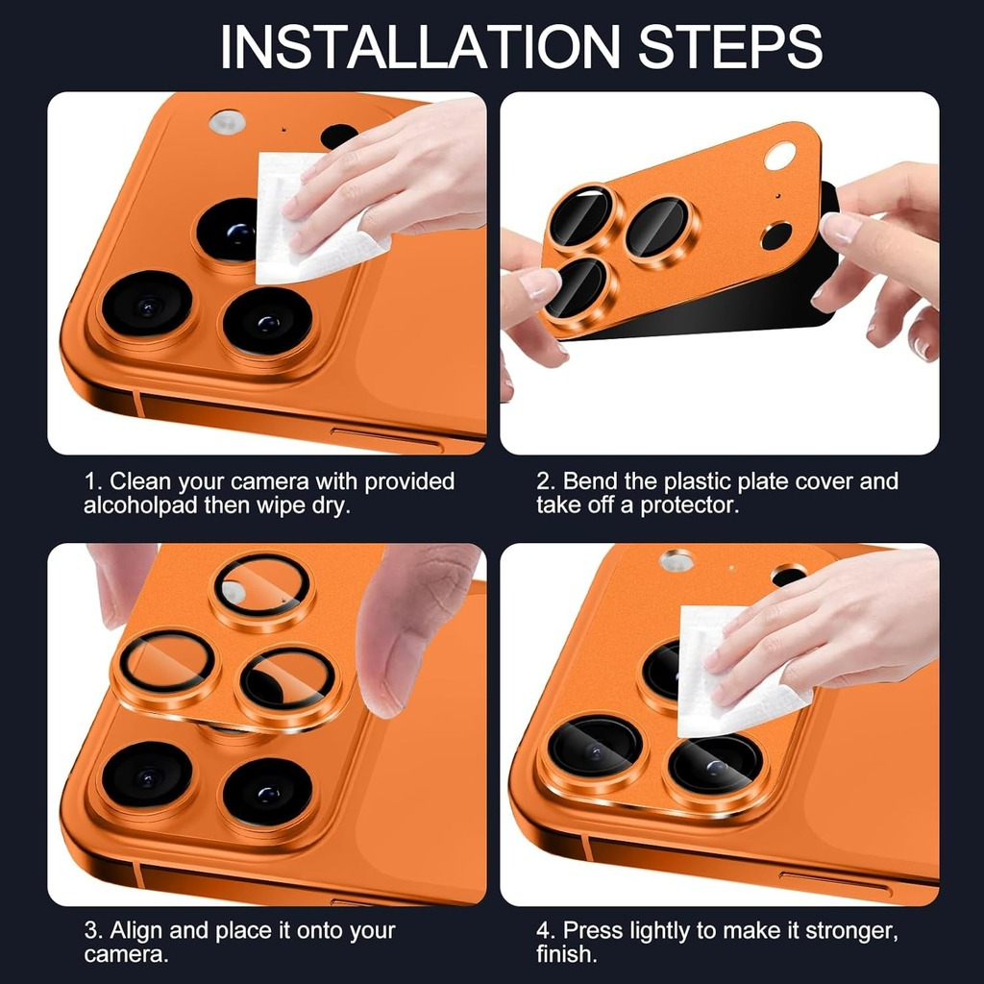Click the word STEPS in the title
coord(730,47)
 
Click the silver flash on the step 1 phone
coord(227,122)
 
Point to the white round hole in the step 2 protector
coord(780,156)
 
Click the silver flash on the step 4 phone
coord(676,560)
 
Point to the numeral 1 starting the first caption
coord(91,481)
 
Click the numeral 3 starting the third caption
coord(91,930)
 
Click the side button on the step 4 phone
coord(835,882)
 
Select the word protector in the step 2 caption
coord(688,505)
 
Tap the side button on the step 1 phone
coord(386,438)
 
